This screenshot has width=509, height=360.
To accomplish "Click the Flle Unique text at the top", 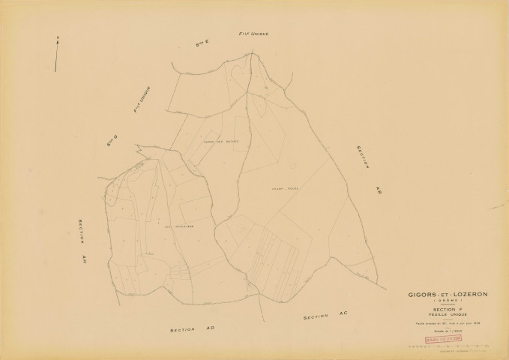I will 253,34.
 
